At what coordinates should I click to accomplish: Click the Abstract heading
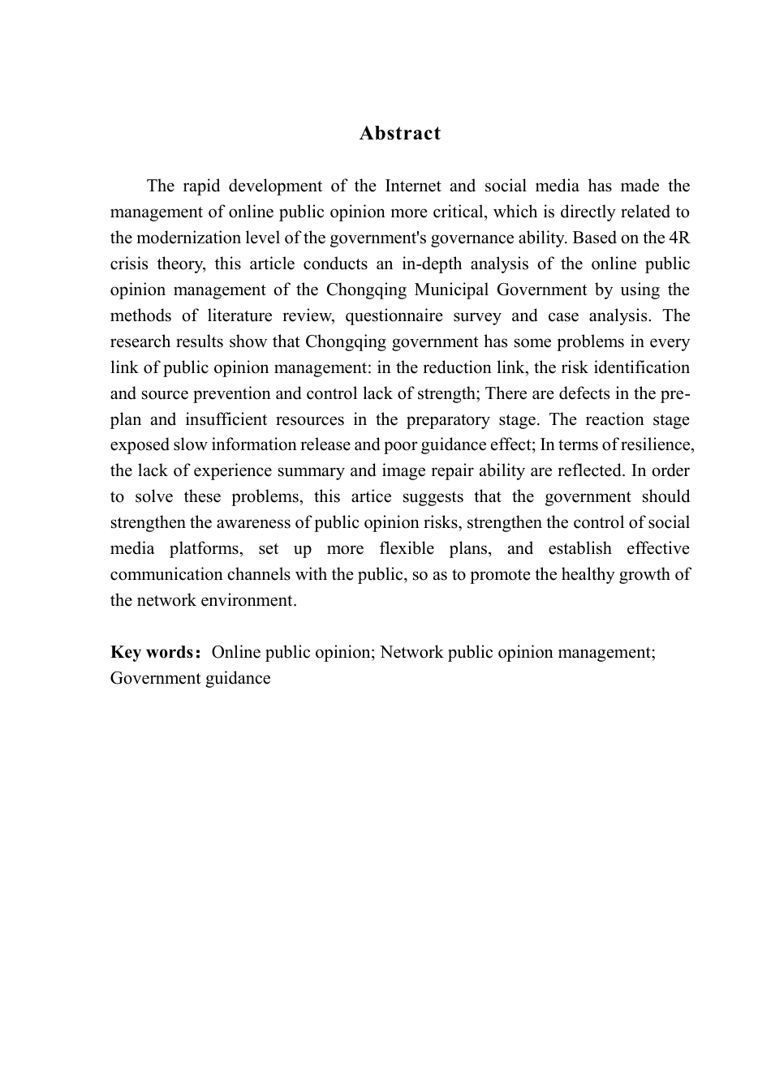point(399,134)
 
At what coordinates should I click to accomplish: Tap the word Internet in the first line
point(413,186)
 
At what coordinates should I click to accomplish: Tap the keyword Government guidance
point(190,678)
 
